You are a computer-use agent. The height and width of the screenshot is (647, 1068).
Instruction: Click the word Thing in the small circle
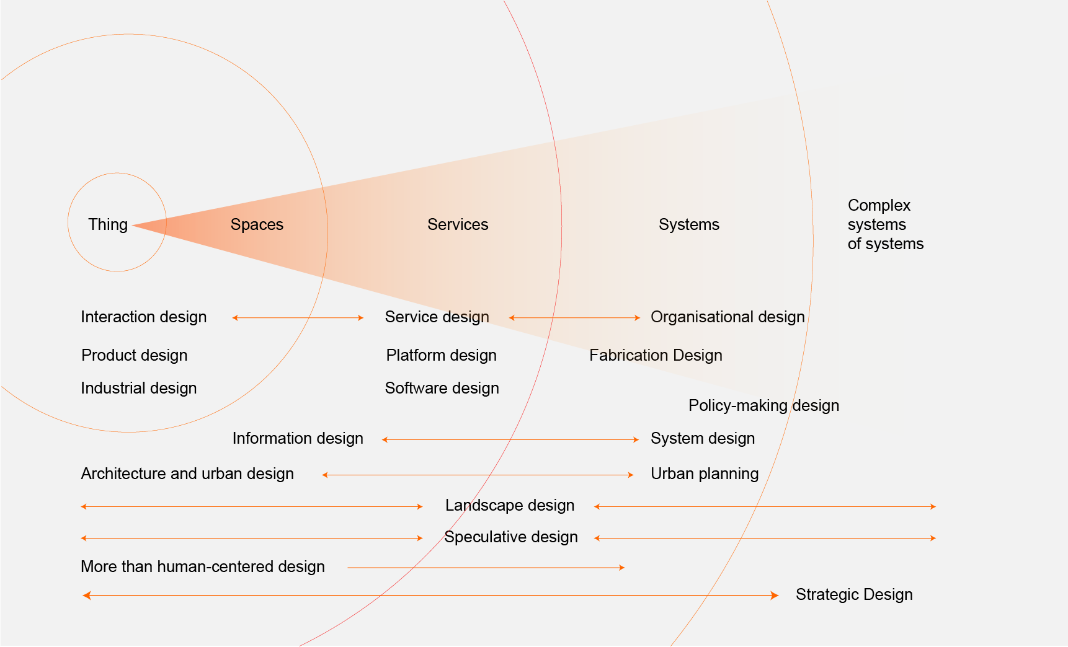(x=108, y=224)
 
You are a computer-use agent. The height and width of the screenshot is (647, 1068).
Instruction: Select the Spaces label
(x=257, y=224)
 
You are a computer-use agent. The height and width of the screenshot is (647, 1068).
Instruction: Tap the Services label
(x=458, y=224)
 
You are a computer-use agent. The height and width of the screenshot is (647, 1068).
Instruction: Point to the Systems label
(x=689, y=224)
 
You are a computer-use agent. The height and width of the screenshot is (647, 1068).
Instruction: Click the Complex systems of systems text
(x=885, y=224)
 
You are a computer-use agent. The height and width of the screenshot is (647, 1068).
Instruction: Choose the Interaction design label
(x=143, y=317)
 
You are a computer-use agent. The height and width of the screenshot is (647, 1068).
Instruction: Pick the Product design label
(x=134, y=355)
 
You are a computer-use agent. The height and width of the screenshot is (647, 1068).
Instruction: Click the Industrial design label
(x=138, y=388)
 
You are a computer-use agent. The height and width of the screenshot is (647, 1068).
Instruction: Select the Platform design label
(x=441, y=355)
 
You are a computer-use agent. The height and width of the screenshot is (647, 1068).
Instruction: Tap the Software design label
(x=442, y=388)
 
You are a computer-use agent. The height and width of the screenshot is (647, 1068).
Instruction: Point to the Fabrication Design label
(x=656, y=355)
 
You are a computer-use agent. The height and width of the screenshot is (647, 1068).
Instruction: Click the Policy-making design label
(x=763, y=405)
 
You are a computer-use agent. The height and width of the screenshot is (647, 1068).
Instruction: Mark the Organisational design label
(x=728, y=317)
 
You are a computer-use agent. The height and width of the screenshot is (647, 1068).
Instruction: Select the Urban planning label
(x=705, y=473)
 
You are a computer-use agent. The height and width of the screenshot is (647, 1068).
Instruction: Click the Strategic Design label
(x=854, y=594)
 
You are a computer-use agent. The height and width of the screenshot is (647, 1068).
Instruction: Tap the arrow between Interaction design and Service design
(x=298, y=318)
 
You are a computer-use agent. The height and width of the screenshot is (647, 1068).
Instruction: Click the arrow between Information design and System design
(x=510, y=439)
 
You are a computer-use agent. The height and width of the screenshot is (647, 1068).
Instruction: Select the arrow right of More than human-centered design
(x=486, y=567)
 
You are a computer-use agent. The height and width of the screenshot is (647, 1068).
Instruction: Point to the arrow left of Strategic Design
(x=430, y=596)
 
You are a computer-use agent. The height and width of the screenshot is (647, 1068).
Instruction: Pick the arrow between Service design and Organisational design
(x=574, y=318)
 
